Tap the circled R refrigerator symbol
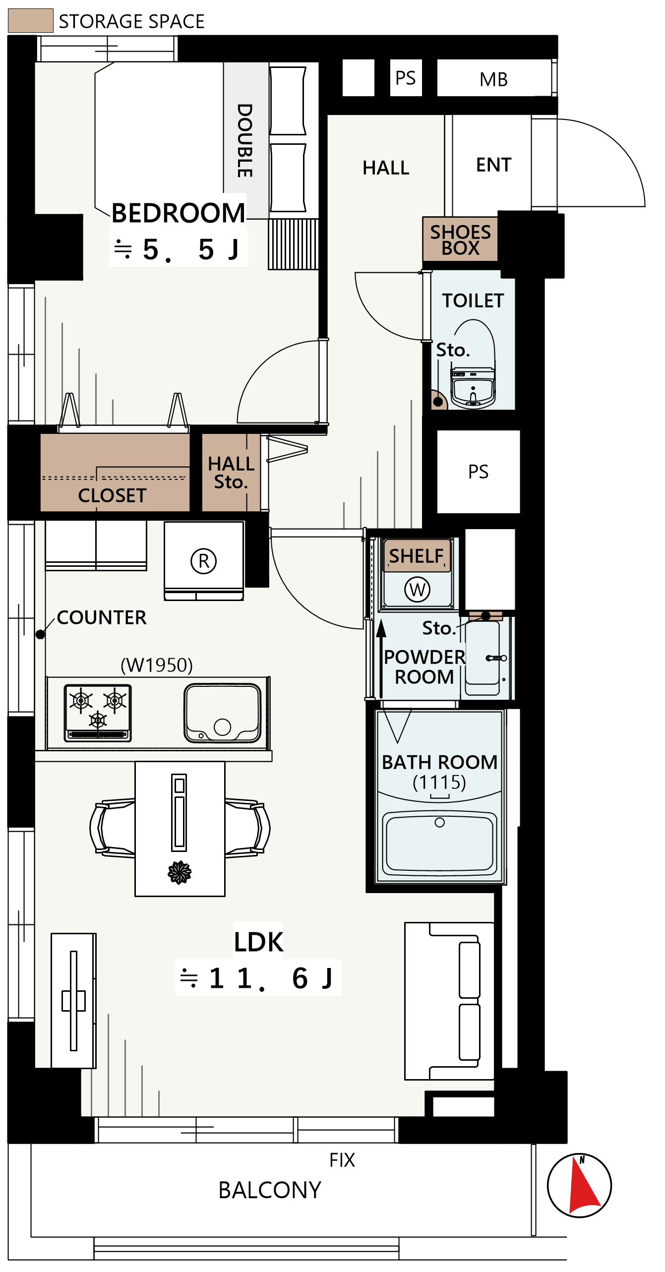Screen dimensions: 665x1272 pos(204,561)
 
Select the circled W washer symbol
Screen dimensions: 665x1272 pos(418,590)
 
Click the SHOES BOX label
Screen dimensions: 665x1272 pos(461,240)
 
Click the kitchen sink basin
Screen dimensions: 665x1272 pos(223,713)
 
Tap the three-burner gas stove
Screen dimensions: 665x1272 pos(98,713)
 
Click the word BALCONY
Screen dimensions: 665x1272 pos(270,1190)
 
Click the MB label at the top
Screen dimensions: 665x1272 pos(493,79)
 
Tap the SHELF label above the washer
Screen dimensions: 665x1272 pos(416,556)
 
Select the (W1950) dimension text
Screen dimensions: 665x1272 pos(157,665)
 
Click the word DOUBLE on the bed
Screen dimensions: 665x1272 pos(245,140)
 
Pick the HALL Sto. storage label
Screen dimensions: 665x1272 pos(231,473)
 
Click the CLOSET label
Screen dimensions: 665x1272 pos(112,495)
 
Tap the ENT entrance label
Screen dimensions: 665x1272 pos(493,165)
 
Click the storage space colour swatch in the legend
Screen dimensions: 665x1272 pos(31,21)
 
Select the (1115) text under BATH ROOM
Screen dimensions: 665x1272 pos(439,782)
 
